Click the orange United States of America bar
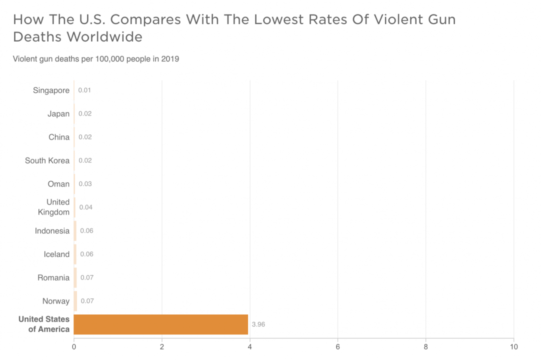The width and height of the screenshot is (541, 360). pyautogui.click(x=161, y=324)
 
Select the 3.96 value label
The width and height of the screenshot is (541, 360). pyautogui.click(x=258, y=324)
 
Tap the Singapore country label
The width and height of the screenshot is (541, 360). pyautogui.click(x=51, y=90)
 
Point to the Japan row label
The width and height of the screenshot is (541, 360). pyautogui.click(x=58, y=114)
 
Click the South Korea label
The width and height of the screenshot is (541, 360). pyautogui.click(x=47, y=160)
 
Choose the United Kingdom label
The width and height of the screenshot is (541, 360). pyautogui.click(x=54, y=207)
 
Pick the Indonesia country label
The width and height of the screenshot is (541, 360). pyautogui.click(x=52, y=231)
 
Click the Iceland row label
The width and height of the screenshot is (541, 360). pyautogui.click(x=56, y=254)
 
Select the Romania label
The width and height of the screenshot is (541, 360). pyautogui.click(x=53, y=277)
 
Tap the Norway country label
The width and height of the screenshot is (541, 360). pyautogui.click(x=56, y=301)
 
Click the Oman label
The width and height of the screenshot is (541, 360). pyautogui.click(x=58, y=184)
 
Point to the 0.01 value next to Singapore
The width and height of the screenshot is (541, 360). pyautogui.click(x=84, y=90)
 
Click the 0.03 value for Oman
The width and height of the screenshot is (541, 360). pyautogui.click(x=85, y=184)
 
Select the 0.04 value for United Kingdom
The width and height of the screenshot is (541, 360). pyautogui.click(x=86, y=207)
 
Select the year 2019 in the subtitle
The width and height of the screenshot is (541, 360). pyautogui.click(x=170, y=59)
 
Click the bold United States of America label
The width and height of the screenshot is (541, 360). pyautogui.click(x=44, y=324)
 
